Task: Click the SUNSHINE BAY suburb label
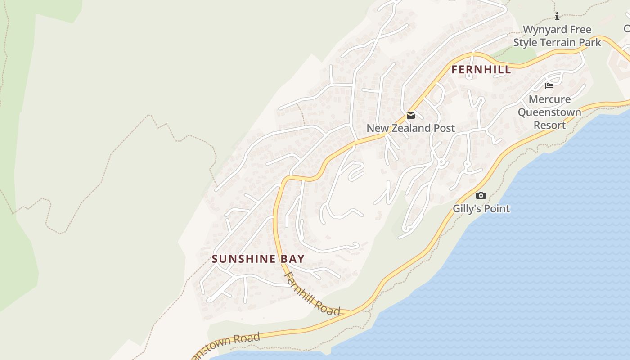coord(258,259)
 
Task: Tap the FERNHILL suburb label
coord(481,70)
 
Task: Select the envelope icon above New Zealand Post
coord(411,115)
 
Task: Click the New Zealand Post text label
coord(410,128)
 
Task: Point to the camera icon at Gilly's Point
coord(481,195)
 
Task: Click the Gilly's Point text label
coord(481,209)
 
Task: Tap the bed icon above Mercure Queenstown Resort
coord(549,86)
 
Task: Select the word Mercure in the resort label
coord(549,99)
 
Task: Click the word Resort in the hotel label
coord(549,125)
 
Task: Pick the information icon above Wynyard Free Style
coord(557,17)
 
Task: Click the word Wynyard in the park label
coord(544,30)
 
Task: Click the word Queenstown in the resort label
coord(549,112)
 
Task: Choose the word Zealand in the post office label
coord(409,128)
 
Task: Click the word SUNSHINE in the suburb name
coord(243,259)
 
